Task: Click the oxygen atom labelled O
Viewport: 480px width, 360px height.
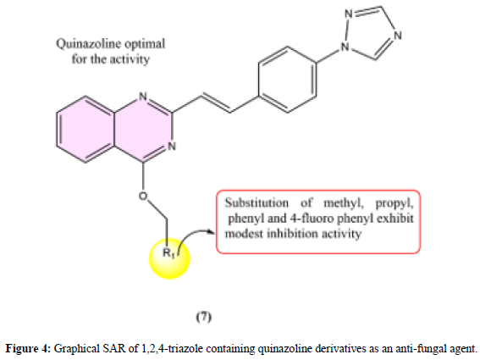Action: click(x=143, y=196)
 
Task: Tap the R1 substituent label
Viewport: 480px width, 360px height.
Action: click(x=168, y=253)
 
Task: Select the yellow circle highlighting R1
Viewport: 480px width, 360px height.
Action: click(x=169, y=258)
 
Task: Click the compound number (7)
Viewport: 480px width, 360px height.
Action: click(x=204, y=317)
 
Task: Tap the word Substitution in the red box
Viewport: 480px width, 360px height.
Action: click(x=257, y=202)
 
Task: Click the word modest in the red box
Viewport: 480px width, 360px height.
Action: click(x=244, y=234)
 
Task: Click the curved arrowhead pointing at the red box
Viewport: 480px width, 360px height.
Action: click(x=212, y=232)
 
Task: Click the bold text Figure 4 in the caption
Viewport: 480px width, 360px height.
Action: click(x=28, y=349)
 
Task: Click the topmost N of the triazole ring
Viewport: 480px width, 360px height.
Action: click(x=349, y=14)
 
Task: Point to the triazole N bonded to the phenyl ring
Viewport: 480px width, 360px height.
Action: click(x=345, y=47)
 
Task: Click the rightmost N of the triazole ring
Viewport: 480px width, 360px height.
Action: click(x=397, y=36)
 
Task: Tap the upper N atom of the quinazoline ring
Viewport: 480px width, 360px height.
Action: click(x=143, y=97)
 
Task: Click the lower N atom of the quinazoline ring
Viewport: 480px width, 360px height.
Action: click(x=172, y=147)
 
